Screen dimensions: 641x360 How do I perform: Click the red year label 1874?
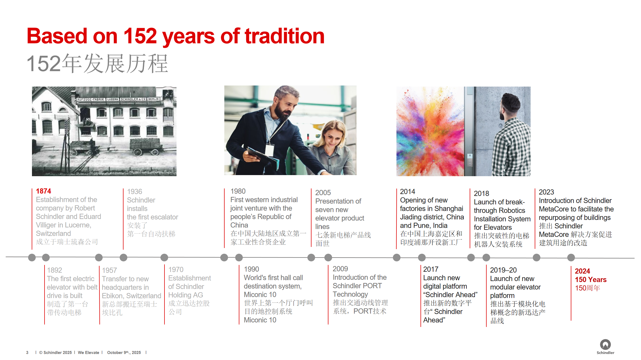click(43, 191)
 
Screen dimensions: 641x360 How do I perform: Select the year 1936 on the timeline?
click(134, 192)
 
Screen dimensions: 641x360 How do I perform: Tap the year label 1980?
click(238, 191)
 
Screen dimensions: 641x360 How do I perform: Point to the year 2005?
click(323, 193)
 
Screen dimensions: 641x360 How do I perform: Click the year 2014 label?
click(407, 192)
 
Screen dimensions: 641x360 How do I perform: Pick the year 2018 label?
click(481, 193)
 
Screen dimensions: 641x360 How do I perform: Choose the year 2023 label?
click(546, 192)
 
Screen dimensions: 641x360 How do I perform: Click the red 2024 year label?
click(582, 271)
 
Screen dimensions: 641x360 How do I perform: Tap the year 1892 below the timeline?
click(54, 270)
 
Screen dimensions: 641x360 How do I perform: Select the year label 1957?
click(109, 270)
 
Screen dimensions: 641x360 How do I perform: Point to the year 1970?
click(176, 270)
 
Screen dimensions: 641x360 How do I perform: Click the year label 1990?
click(251, 269)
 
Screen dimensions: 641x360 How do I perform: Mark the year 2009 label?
click(340, 269)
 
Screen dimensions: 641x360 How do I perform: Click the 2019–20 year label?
click(503, 270)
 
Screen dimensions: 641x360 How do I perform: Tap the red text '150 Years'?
click(591, 280)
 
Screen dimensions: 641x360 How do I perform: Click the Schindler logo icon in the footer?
click(605, 344)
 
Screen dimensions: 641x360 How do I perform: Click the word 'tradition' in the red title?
click(284, 36)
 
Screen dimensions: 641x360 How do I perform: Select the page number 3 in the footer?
click(27, 353)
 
